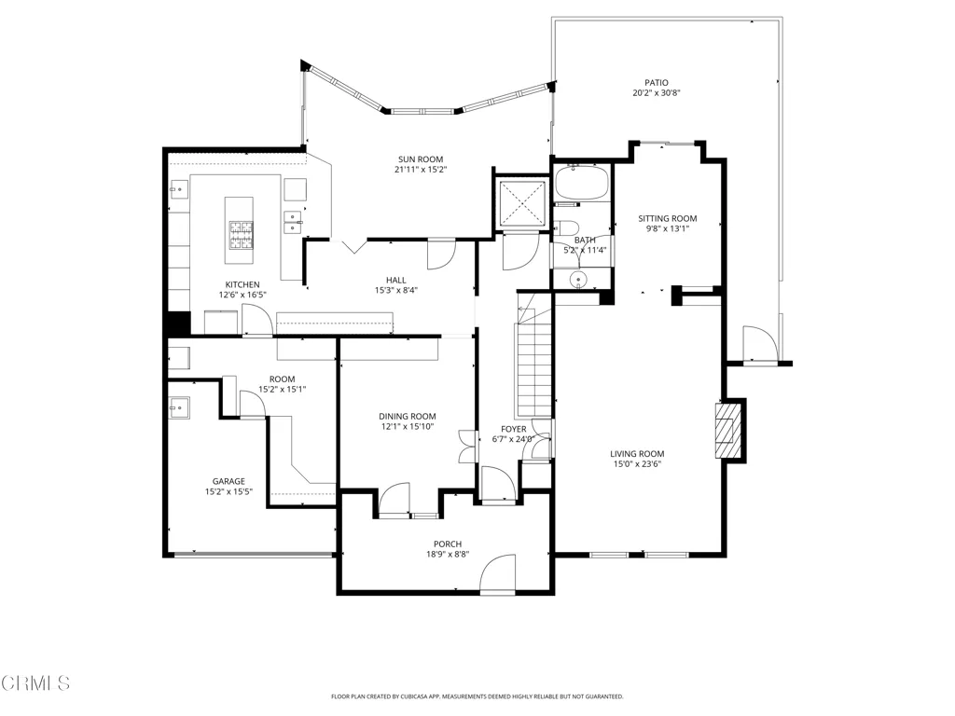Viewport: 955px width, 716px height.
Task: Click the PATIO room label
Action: click(x=657, y=83)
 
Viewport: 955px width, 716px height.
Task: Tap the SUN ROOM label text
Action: click(x=421, y=159)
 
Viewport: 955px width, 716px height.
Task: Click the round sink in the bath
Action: click(x=576, y=280)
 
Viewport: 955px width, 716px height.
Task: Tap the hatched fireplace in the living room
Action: click(x=725, y=431)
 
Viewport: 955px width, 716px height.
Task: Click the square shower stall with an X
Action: click(x=522, y=203)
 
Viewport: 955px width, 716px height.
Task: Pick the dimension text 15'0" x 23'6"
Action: click(x=637, y=464)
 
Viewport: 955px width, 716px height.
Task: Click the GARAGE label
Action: click(x=228, y=481)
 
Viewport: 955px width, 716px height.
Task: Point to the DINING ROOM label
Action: click(x=408, y=417)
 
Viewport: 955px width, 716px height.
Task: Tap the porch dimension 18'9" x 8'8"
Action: click(x=448, y=554)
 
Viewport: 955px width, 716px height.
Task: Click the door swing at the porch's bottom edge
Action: click(x=498, y=573)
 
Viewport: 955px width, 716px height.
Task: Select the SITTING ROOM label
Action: click(x=668, y=218)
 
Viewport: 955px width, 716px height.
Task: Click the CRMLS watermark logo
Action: click(x=35, y=683)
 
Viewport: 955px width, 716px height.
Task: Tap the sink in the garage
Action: click(x=179, y=407)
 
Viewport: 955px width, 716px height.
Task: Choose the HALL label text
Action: click(x=395, y=280)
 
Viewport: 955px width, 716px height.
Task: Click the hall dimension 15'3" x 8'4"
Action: click(x=395, y=291)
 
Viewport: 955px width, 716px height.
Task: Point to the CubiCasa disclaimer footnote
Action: click(x=477, y=696)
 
